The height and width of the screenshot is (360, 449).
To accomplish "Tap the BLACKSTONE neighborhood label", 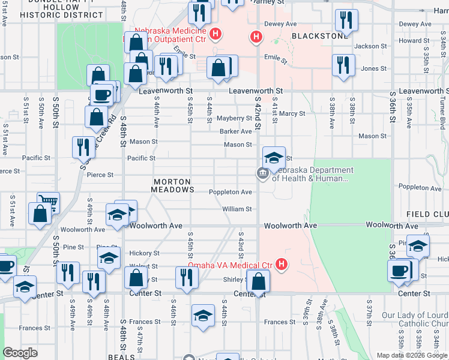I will pos(319,36).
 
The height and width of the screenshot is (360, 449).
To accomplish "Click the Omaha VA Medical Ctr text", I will pos(231,265).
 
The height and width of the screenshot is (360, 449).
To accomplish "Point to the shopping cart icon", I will pos(48,202).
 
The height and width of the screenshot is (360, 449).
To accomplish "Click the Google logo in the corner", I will pos(20,353).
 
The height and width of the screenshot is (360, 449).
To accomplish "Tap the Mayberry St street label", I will pos(234,119).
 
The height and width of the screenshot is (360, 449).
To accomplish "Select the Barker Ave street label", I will pos(235,131).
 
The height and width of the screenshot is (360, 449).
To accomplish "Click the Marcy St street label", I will pos(292,113).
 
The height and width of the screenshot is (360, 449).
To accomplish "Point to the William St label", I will pos(237,209).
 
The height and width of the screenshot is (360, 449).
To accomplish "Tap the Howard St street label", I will pos(414,41).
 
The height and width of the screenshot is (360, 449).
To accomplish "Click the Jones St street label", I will pos(373,68).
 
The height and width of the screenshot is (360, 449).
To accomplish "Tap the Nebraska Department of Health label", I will pos(310,174).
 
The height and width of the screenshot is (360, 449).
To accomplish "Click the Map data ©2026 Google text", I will pos(411,355).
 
